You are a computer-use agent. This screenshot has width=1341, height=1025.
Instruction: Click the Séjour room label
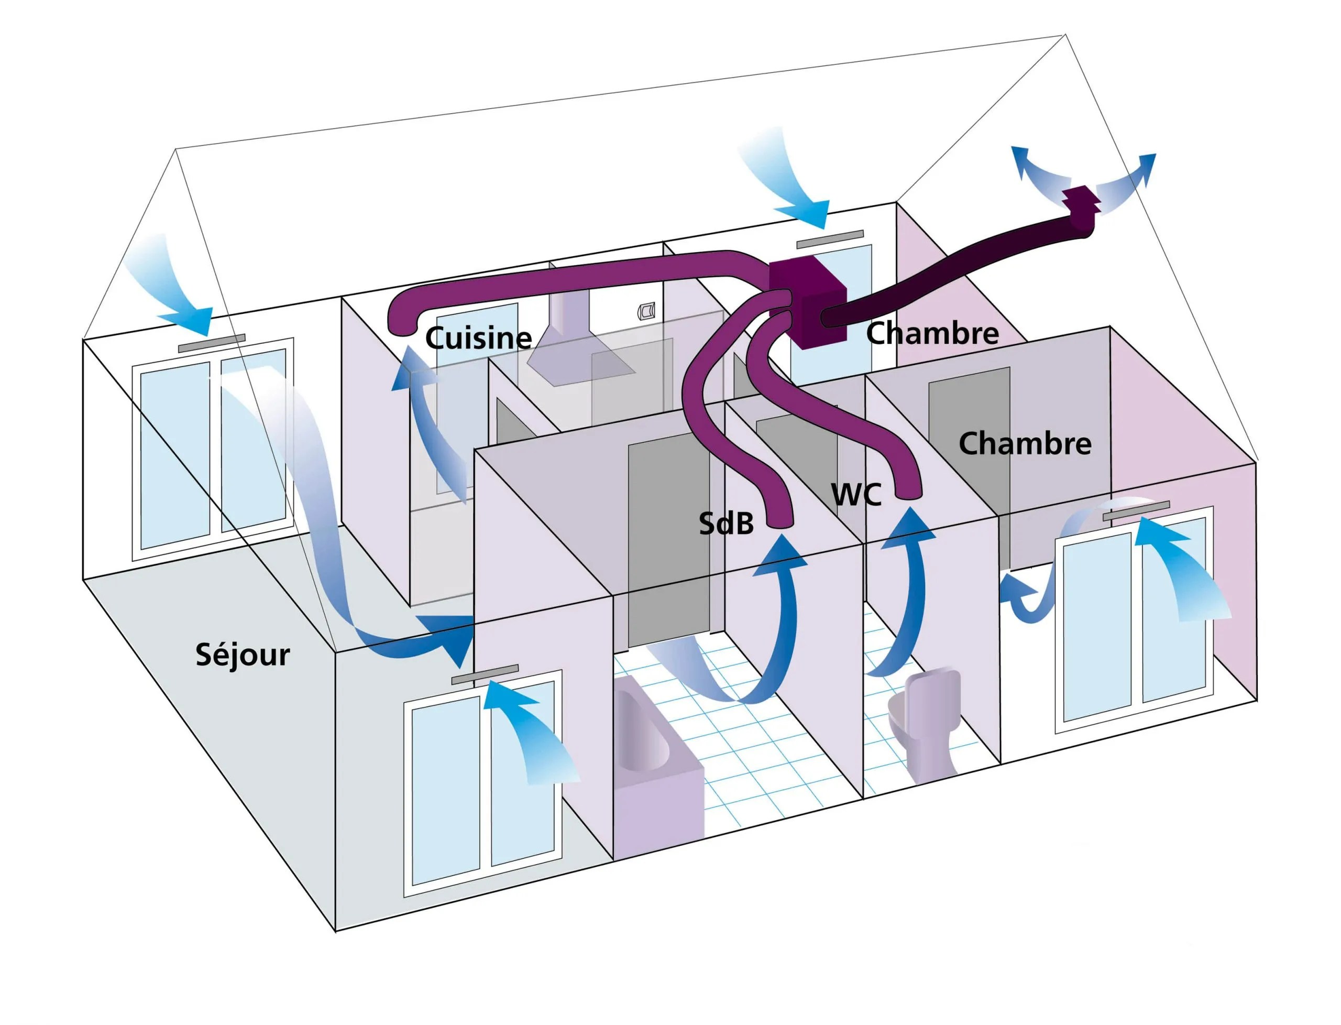click(242, 655)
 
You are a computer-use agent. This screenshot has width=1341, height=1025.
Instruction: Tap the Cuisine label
click(478, 337)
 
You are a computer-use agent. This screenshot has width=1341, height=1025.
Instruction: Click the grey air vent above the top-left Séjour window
click(212, 343)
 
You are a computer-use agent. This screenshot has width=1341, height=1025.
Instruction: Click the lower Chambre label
click(1025, 443)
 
